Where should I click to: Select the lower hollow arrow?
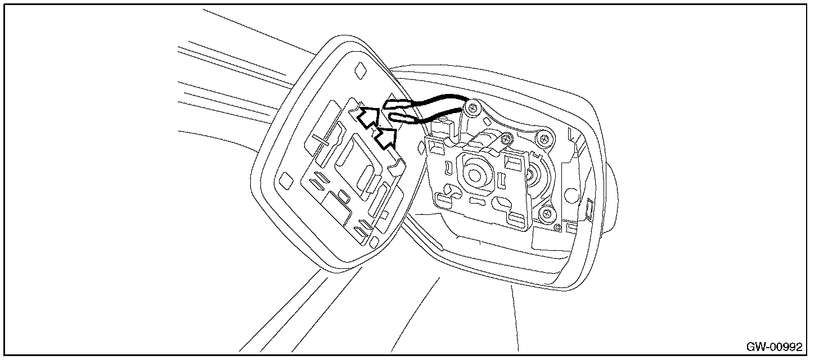pyautogui.click(x=386, y=137)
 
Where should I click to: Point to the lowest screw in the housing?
pyautogui.click(x=545, y=214)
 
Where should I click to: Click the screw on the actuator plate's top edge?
pyautogui.click(x=507, y=138)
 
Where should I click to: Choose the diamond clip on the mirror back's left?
pyautogui.click(x=286, y=181)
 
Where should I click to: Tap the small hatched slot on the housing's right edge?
pyautogui.click(x=589, y=209)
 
